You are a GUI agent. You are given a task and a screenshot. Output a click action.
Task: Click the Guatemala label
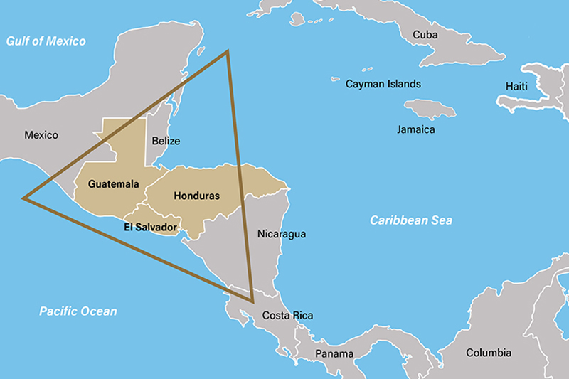[x=114, y=183]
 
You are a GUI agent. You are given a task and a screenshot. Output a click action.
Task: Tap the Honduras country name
[x=196, y=196]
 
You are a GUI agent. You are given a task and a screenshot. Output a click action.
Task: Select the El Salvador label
[x=149, y=228]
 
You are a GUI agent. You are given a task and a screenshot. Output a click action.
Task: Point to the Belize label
[x=166, y=141]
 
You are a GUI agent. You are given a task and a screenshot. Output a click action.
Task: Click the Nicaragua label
[x=282, y=234]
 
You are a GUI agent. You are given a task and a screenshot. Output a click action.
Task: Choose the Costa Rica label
[x=287, y=316]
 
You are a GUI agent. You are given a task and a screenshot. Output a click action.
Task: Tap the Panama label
[x=335, y=353]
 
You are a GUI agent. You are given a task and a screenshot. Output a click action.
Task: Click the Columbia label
[x=489, y=353]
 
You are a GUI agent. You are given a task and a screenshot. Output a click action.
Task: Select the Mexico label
[x=41, y=135]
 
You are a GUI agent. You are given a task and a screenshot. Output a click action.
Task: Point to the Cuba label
[x=425, y=34]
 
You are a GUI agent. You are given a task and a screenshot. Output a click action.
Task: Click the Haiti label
[x=517, y=86]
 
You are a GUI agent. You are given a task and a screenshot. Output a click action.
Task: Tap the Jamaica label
[x=416, y=130]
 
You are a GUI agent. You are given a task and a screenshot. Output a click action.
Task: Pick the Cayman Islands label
[x=383, y=84]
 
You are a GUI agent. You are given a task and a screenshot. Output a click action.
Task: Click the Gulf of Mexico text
[x=46, y=41]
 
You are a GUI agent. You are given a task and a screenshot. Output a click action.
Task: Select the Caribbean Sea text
[x=411, y=220]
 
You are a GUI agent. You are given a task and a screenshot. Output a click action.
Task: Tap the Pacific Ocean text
[x=78, y=311]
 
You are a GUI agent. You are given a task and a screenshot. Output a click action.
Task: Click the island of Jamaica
[x=430, y=109]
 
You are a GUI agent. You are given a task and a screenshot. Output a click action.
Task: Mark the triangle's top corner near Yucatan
[x=227, y=51]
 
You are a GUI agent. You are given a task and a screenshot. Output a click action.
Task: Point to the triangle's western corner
[x=24, y=198]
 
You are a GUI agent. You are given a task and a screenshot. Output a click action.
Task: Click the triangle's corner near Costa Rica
[x=252, y=301]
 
